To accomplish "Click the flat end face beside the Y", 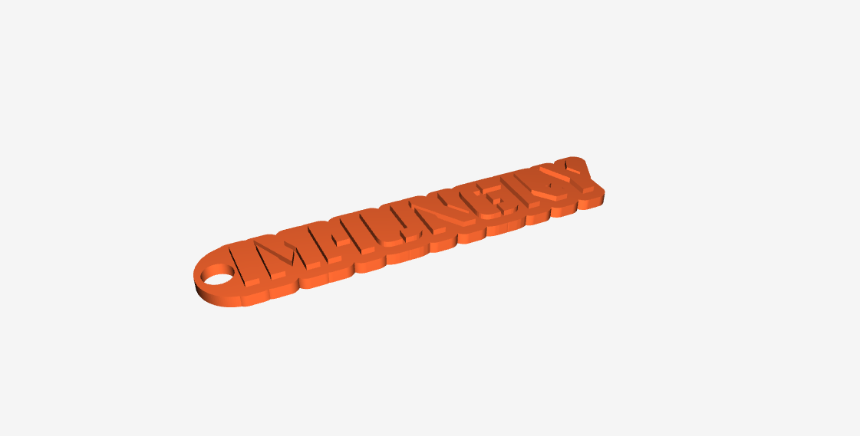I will (602, 197).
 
